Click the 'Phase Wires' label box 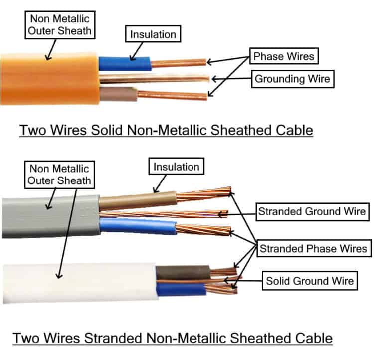click(284, 56)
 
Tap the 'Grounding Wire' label click(293, 79)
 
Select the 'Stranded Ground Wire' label click(312, 212)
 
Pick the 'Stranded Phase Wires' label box click(313, 248)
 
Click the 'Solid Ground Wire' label click(310, 281)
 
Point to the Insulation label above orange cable click(153, 34)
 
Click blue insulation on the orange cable click(124, 64)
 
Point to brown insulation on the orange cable click(118, 93)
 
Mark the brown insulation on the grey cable click(137, 200)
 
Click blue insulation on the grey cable click(137, 226)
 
